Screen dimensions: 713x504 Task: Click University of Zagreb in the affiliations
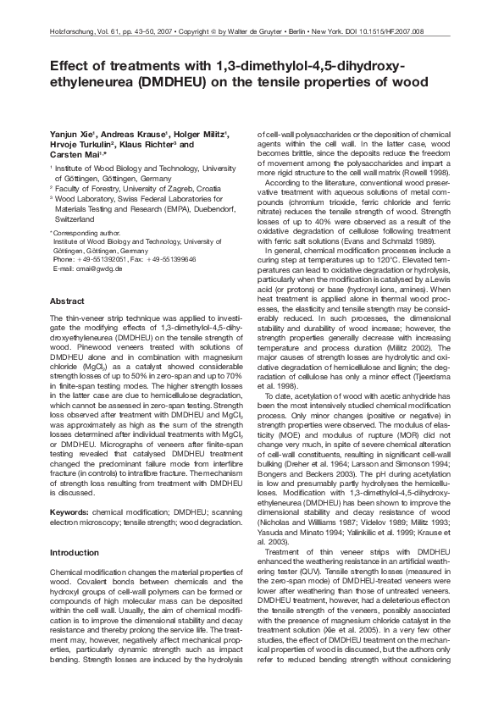point(169,188)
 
